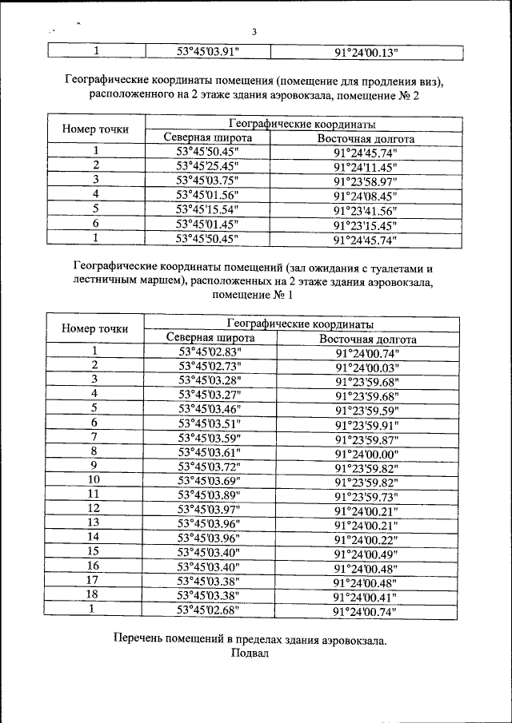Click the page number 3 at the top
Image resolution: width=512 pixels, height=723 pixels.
(254, 33)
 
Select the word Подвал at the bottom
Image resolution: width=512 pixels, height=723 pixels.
(253, 653)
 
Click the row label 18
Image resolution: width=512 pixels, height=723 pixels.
(94, 595)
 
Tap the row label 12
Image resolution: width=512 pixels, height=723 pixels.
(94, 508)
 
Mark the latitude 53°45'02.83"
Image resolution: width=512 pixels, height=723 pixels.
(210, 351)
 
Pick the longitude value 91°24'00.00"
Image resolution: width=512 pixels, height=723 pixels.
(367, 452)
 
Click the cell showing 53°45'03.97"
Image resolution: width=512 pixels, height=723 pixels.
(210, 509)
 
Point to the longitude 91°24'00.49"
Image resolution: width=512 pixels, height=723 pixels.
(367, 553)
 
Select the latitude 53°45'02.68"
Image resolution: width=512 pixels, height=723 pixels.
(210, 610)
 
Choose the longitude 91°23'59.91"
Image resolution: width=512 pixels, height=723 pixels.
(367, 423)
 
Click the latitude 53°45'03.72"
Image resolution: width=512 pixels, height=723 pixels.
(210, 466)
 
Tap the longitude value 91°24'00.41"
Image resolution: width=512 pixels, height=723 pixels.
(367, 596)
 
